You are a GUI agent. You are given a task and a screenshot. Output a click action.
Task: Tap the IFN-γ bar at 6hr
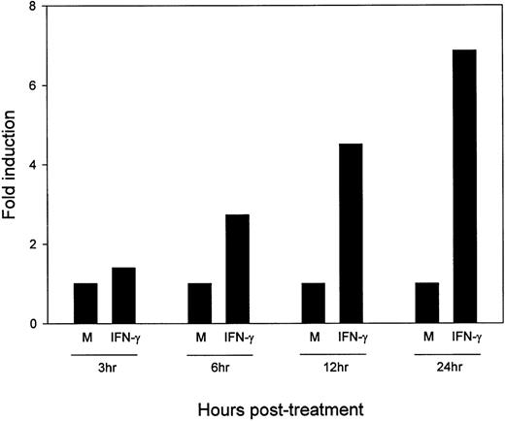tap(237, 269)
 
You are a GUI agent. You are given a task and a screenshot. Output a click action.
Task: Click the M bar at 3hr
tap(85, 303)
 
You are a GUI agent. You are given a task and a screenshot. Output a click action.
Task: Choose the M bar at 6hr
tap(199, 303)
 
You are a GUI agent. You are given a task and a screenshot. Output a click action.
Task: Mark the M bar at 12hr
tap(313, 303)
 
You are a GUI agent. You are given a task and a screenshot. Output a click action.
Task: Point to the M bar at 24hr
tap(426, 303)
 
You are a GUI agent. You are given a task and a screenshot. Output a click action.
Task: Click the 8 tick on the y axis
tap(35, 7)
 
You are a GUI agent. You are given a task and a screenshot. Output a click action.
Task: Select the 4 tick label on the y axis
tap(35, 165)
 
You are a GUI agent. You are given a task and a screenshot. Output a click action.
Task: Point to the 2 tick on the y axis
tap(35, 244)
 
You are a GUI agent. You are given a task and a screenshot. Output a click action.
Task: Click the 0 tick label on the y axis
tap(35, 323)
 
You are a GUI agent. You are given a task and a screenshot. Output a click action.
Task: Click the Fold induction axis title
tap(12, 165)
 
